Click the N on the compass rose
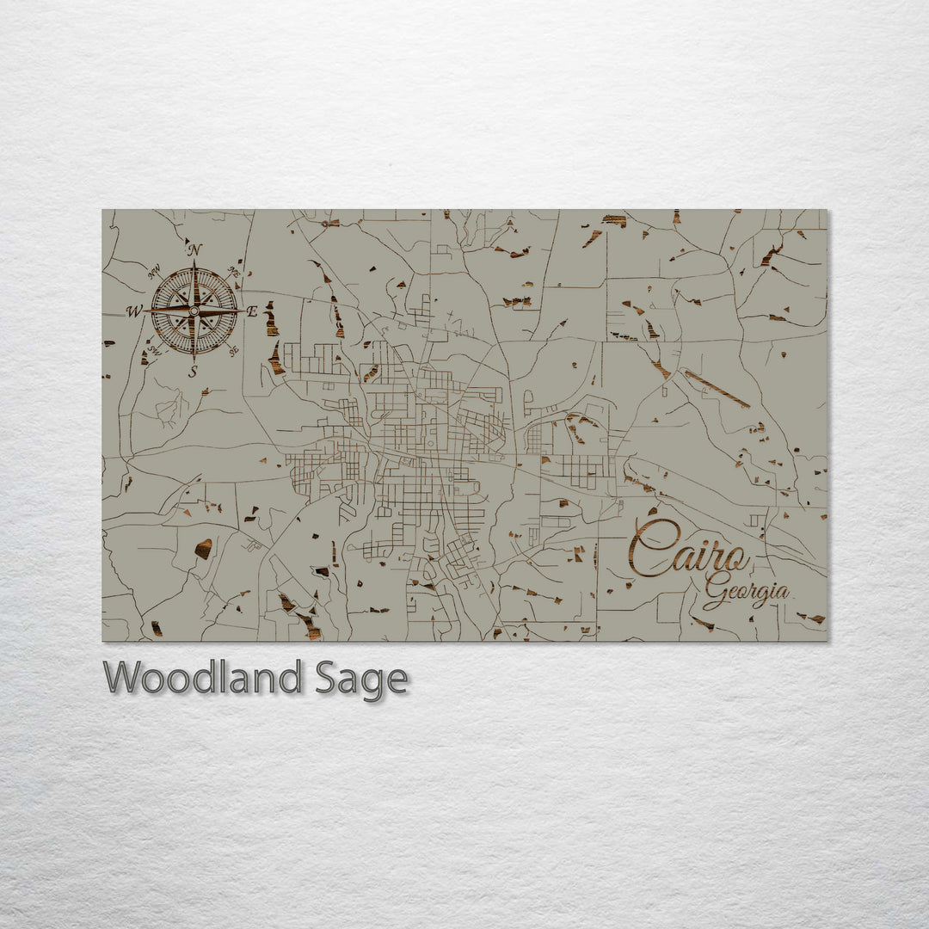coord(195,250)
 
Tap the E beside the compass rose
coord(252,311)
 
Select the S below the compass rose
coord(194,372)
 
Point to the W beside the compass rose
coord(135,311)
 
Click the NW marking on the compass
coord(156,273)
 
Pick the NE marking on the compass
coord(233,271)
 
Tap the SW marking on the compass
coord(156,350)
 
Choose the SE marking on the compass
coord(233,350)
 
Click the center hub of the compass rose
coord(194,311)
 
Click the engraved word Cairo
coord(687,551)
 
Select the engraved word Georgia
coord(747,594)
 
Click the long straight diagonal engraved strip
coord(717,389)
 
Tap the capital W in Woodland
coord(122,678)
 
